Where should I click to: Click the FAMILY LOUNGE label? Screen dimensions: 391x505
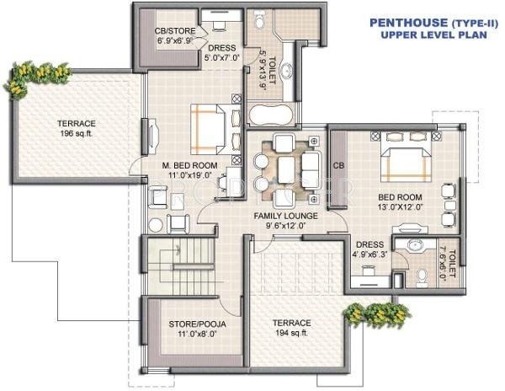(284, 217)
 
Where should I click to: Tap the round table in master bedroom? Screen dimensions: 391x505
(154, 225)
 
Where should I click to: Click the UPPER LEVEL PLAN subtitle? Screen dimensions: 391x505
(427, 36)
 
